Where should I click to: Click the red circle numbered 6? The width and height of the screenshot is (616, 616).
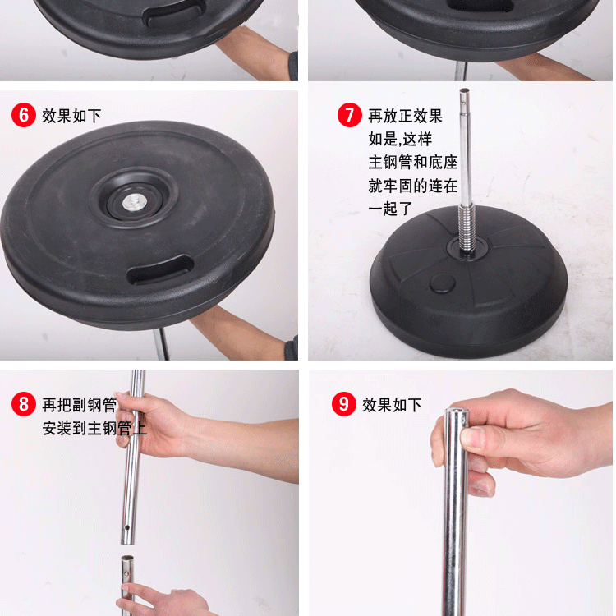coord(24,115)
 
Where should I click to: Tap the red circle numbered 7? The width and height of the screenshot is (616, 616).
coord(349,115)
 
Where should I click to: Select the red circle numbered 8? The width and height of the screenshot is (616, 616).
coord(24,404)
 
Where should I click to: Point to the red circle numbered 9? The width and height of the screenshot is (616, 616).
coord(344,404)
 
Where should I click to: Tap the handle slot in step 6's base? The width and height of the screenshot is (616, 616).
coord(160,269)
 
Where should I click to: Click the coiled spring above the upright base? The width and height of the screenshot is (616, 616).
coord(467,229)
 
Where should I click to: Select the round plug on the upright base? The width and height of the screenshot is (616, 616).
coord(443,283)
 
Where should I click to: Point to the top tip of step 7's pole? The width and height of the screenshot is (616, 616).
coord(464,90)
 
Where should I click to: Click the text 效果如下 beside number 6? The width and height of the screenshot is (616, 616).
coord(71,116)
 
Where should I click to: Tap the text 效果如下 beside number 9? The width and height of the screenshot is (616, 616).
coord(392,405)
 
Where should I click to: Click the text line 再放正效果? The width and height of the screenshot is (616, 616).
coord(406,116)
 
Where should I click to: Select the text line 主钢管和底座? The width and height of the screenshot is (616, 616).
coord(413,163)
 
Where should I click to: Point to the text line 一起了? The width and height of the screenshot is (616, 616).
coord(390,209)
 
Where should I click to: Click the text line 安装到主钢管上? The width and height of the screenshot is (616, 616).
coord(94,428)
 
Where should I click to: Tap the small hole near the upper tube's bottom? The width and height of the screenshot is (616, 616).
coord(126,527)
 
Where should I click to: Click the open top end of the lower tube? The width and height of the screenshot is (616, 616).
coord(127,558)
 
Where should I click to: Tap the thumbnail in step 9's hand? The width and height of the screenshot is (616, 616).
coord(472,437)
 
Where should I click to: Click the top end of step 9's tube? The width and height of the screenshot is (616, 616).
coord(457,411)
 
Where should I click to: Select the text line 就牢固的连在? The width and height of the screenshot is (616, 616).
coord(413,186)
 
